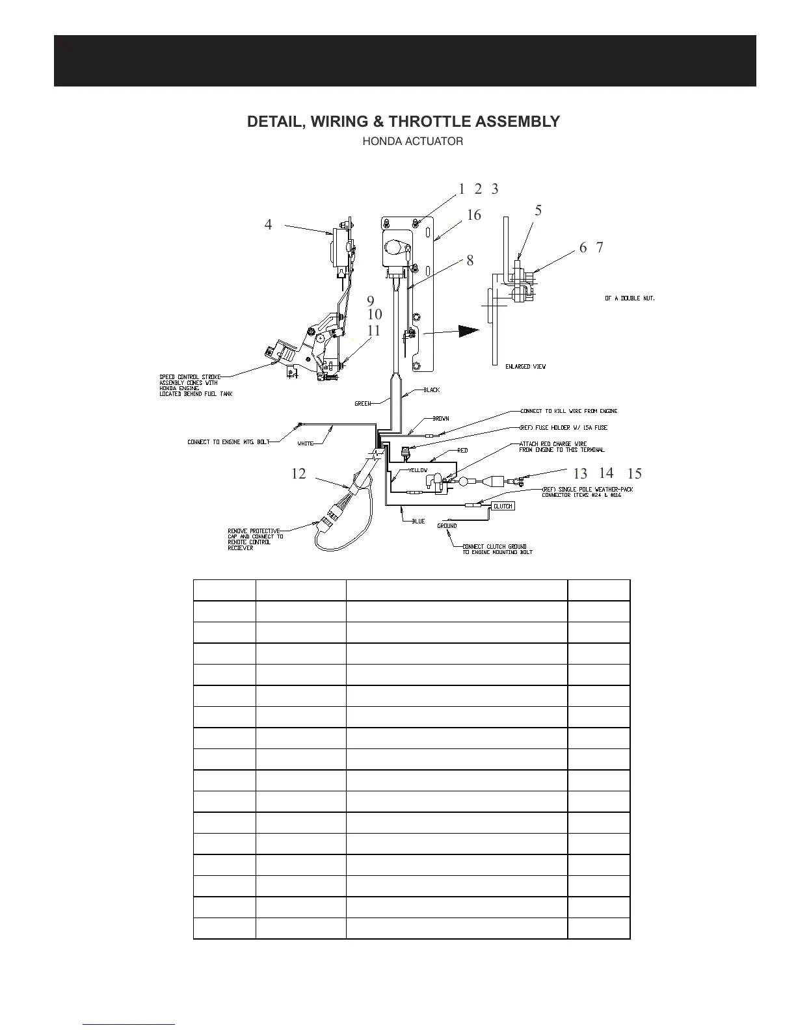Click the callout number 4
[268, 225]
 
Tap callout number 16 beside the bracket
[473, 215]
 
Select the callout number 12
[298, 474]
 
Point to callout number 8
[470, 261]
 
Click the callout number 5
[538, 211]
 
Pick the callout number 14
[606, 473]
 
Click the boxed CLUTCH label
[503, 506]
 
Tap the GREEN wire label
[363, 404]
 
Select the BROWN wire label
[441, 419]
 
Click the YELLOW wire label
[418, 470]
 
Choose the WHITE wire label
[306, 443]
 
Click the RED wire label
[462, 450]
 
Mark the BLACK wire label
[432, 390]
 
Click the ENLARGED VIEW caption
[525, 367]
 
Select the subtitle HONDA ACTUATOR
[412, 142]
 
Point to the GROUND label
[447, 526]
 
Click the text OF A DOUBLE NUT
[630, 298]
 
